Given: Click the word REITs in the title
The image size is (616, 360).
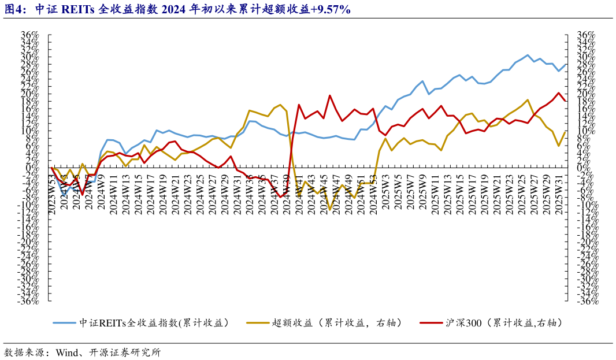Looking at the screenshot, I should click(87, 10).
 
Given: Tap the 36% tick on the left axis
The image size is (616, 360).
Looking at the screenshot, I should click(30, 35).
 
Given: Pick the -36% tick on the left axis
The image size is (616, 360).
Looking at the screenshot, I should click(29, 301).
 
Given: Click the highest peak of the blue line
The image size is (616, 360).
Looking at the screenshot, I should click(528, 55).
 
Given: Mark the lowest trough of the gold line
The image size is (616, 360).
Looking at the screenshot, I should click(329, 210).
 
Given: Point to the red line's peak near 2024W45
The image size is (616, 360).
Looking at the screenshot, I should click(329, 95).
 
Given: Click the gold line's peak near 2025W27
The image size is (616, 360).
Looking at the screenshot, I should click(528, 100).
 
